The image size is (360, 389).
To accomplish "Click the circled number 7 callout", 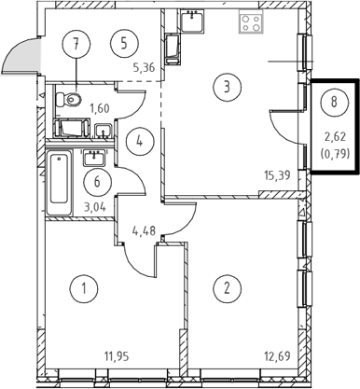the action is click(76, 44).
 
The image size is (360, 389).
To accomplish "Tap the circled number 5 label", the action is click(124, 44).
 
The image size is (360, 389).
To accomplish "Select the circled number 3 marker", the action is click(228, 87).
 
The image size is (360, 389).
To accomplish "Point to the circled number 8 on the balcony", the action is click(334, 102).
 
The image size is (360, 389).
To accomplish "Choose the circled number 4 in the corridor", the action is click(140, 142).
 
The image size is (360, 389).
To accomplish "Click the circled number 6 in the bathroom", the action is click(97, 182).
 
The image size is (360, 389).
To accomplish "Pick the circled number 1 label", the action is click(84, 289).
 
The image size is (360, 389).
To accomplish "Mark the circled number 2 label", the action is click(228, 288).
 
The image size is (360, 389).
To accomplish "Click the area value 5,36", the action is click(144, 67).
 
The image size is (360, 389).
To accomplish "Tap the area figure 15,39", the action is click(277, 175).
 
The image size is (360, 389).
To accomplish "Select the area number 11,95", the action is click(116, 356).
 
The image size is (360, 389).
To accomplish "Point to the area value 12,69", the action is click(277, 356).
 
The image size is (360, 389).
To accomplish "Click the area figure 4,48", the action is click(144, 230).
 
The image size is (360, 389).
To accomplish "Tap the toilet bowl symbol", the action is click(69, 100).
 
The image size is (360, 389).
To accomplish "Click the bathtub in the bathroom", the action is click(59, 183).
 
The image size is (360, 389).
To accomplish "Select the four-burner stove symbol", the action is click(251, 21).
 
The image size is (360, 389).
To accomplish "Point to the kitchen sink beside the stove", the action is click(192, 21).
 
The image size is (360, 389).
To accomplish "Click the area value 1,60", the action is click(100, 108).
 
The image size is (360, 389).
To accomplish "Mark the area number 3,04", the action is click(95, 207).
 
